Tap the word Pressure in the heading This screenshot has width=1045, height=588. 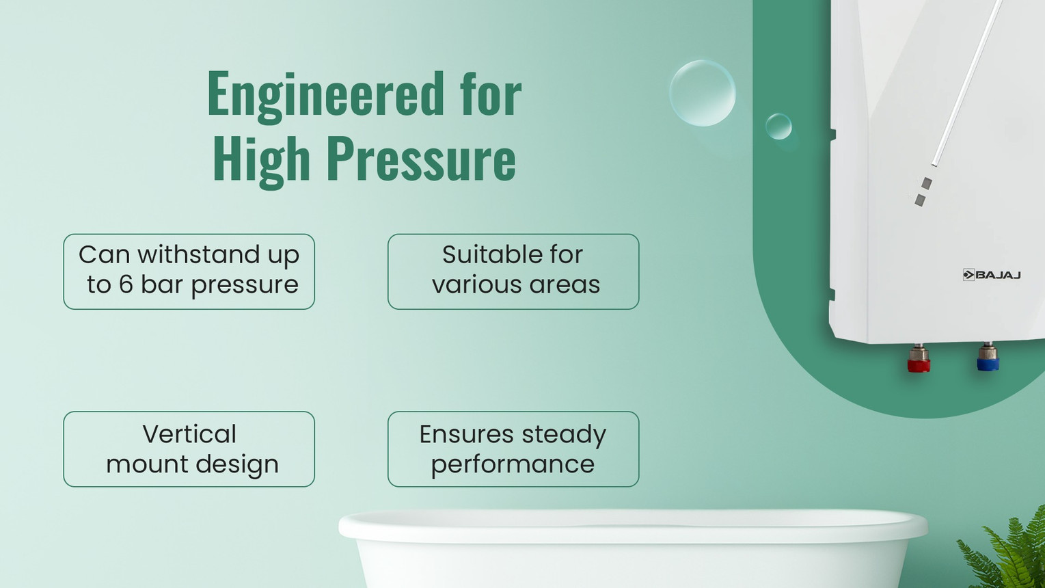pyautogui.click(x=421, y=158)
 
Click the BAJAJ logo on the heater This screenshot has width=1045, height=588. pyautogui.click(x=992, y=275)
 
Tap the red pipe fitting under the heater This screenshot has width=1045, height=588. pyautogui.click(x=919, y=359)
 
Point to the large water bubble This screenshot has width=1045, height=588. pyautogui.click(x=703, y=93)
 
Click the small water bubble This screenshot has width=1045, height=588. pyautogui.click(x=778, y=126)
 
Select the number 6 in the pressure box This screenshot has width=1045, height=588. pyautogui.click(x=126, y=284)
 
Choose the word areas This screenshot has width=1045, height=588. pyautogui.click(x=565, y=285)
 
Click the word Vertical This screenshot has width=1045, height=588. pyautogui.click(x=189, y=434)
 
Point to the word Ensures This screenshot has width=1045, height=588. pyautogui.click(x=467, y=434)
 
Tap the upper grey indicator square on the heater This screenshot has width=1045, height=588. pyautogui.click(x=927, y=183)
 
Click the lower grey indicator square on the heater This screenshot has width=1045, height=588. pyautogui.click(x=920, y=200)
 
